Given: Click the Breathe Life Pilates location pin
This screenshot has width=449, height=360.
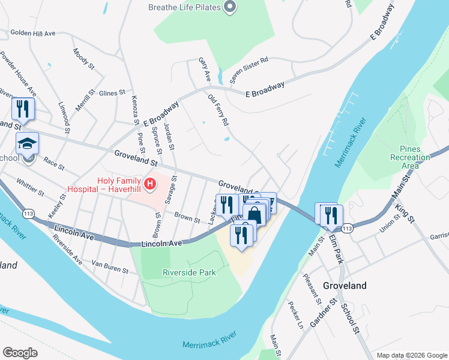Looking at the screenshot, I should (x=229, y=7).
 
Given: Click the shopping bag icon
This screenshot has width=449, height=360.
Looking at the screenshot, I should (x=255, y=214).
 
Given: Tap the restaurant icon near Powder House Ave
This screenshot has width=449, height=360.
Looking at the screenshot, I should (x=23, y=109).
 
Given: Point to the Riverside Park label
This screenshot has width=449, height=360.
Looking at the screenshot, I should (x=189, y=272).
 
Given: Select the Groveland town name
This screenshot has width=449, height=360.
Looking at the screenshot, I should (x=345, y=286).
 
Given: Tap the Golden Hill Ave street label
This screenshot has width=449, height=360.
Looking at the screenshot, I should (x=32, y=32).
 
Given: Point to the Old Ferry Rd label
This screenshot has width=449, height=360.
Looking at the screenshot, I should (x=218, y=110).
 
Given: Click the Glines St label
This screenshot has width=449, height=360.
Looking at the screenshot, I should (x=112, y=93).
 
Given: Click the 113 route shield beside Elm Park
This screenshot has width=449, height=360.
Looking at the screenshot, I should (x=346, y=229).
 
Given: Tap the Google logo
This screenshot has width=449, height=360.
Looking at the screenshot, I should (x=20, y=352).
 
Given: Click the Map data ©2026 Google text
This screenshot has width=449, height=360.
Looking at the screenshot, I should (x=411, y=355).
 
